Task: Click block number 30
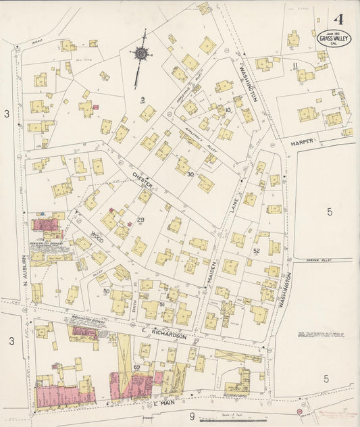coord(190,174)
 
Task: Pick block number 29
coord(141,220)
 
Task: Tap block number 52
coord(256,251)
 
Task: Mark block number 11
coord(296,65)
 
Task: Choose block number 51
coord(162,304)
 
